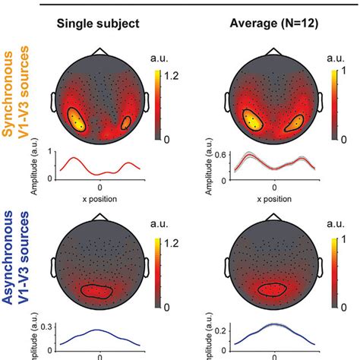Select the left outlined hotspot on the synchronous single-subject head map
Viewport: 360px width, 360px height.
(x=77, y=118)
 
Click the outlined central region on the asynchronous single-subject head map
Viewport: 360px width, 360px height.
(x=100, y=291)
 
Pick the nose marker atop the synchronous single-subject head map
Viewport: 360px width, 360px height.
(x=100, y=52)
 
